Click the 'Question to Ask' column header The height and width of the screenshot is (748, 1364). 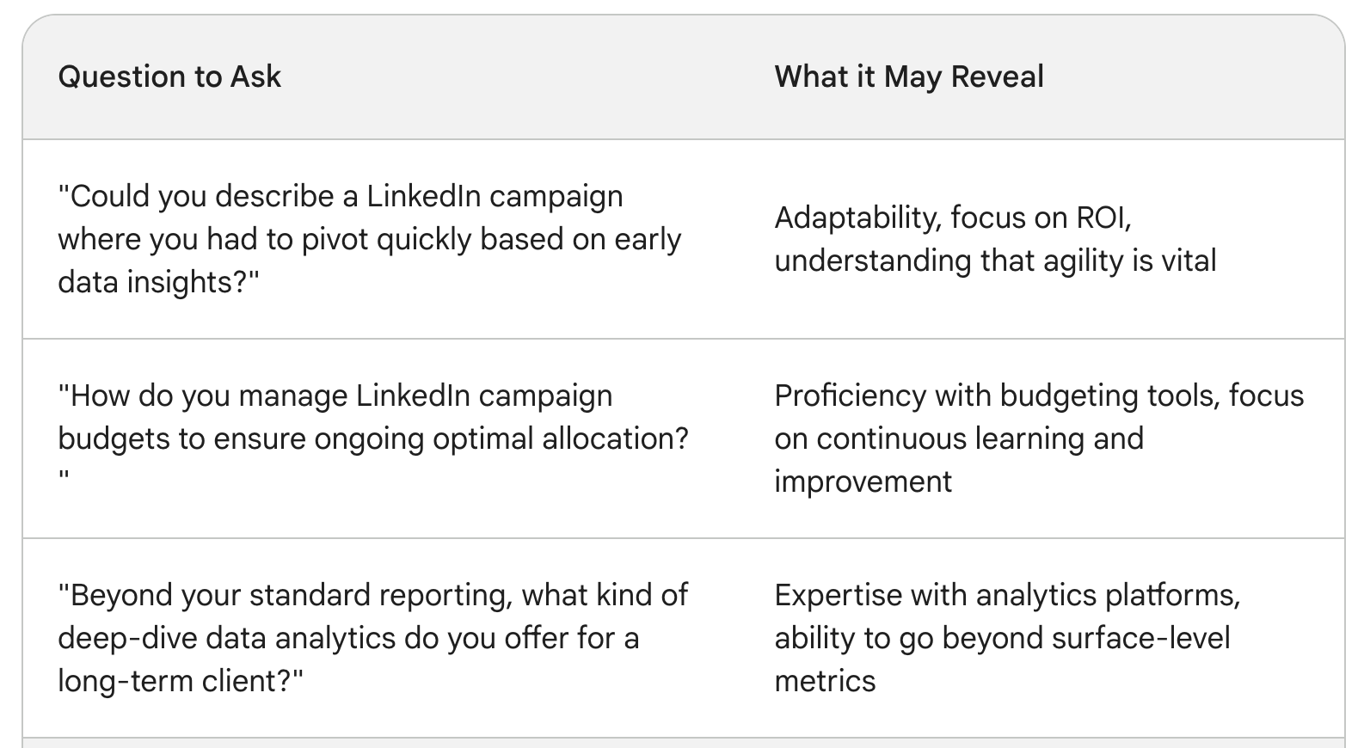coord(169,77)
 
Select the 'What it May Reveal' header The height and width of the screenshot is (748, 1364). coord(909,77)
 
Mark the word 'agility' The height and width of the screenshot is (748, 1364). coord(1082,261)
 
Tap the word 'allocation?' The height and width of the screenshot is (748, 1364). coord(615,438)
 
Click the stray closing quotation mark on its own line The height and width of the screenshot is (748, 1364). coord(64,476)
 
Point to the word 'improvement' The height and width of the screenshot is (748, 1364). coord(863,482)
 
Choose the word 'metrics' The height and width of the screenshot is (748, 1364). coord(825,682)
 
